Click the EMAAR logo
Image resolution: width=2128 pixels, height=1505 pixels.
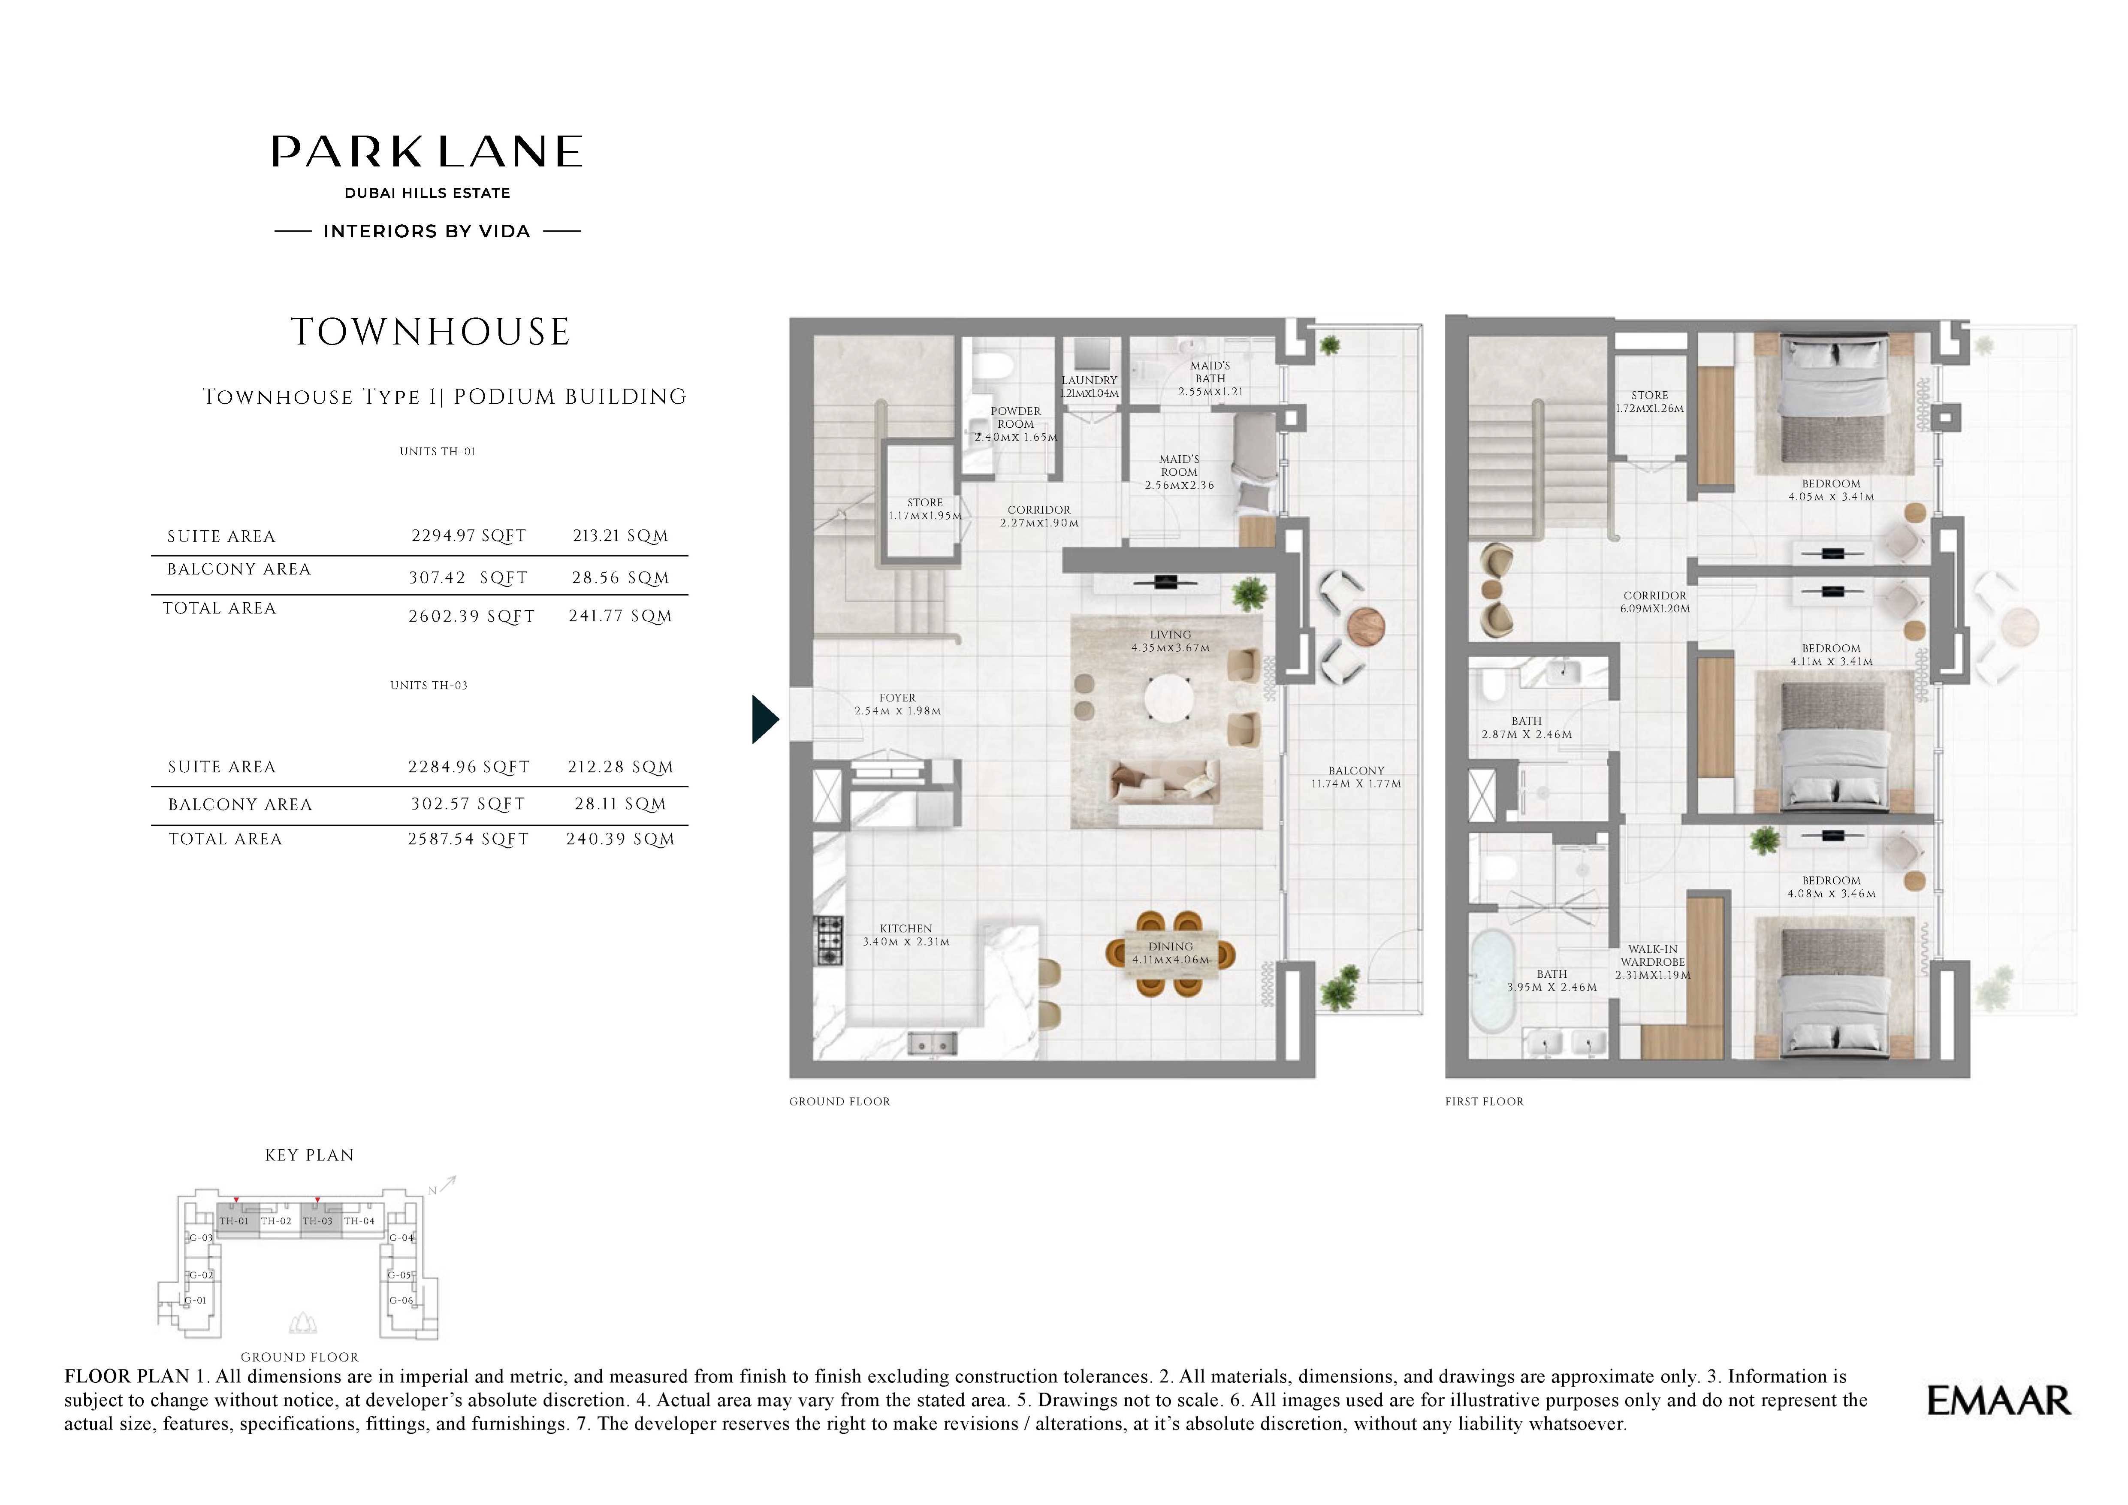(1998, 1400)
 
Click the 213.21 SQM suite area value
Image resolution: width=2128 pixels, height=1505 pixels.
(620, 536)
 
